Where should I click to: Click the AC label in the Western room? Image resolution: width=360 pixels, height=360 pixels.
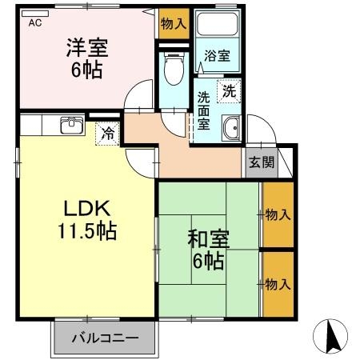(x=34, y=23)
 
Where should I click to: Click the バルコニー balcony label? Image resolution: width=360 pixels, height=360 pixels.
(x=103, y=337)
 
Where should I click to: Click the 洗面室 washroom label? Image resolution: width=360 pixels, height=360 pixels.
(x=204, y=112)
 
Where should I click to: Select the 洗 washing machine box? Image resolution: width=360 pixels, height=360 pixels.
(x=229, y=90)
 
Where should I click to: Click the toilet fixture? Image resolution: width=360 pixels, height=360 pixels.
(x=172, y=70)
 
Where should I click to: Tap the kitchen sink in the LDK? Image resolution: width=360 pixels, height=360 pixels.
(x=70, y=126)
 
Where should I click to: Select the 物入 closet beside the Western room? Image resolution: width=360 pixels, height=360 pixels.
(x=173, y=23)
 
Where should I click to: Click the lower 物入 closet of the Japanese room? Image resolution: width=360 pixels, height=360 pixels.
(x=278, y=284)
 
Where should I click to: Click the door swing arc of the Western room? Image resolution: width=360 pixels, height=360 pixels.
(x=139, y=95)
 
